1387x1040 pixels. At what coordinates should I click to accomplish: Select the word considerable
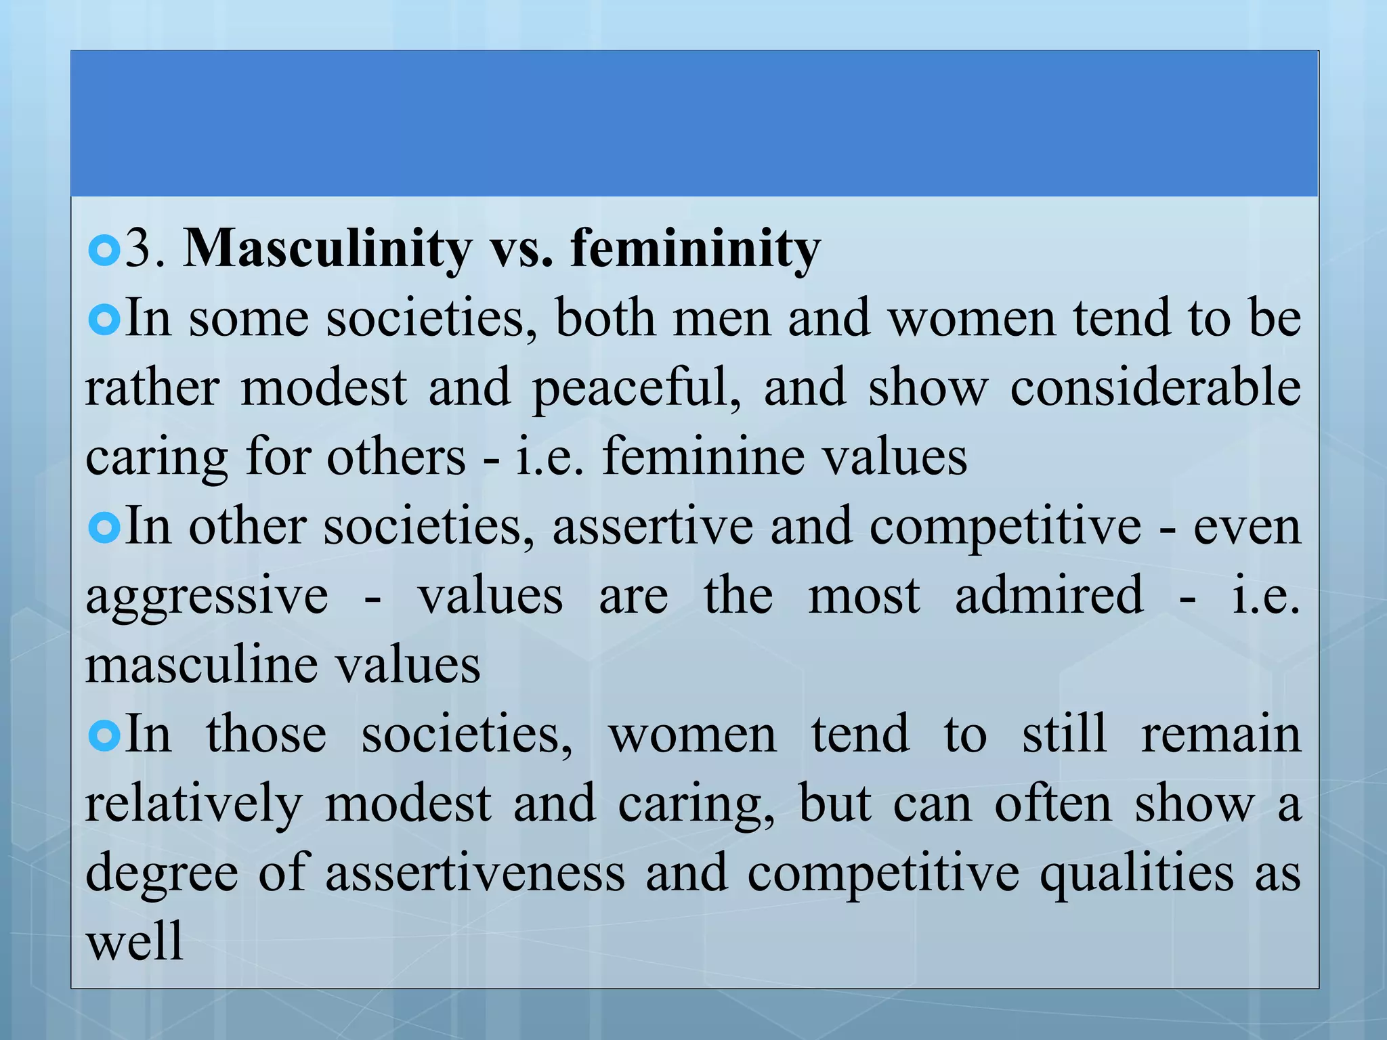(1155, 387)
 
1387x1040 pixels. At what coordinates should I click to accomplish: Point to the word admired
(1049, 595)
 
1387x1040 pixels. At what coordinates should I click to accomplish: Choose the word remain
(1221, 735)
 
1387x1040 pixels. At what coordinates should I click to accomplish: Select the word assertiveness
(475, 873)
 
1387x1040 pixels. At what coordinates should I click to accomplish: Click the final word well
(135, 942)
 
